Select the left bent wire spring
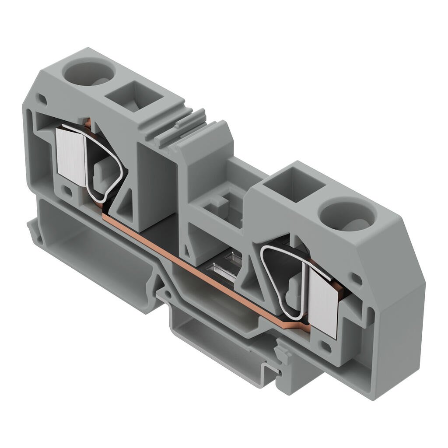pos(105,164)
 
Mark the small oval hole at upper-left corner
pos(42,99)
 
